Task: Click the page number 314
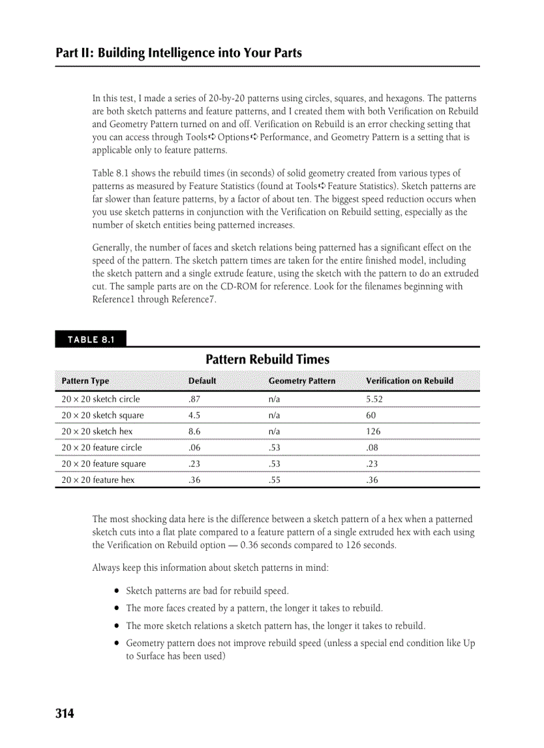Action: (x=65, y=714)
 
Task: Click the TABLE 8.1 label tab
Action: (x=91, y=340)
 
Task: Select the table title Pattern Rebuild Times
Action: (x=267, y=360)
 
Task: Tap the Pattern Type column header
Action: (x=85, y=381)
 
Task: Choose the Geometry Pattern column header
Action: (x=301, y=381)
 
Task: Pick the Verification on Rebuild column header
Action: (x=409, y=381)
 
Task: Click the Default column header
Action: (x=202, y=381)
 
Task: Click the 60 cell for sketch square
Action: (x=371, y=416)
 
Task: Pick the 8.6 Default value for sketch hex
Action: (x=195, y=432)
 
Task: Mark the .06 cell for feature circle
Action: (x=195, y=448)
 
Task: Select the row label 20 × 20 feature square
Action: (x=103, y=464)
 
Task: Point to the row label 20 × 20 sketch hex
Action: (x=97, y=432)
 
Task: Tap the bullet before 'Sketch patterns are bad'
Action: (x=117, y=591)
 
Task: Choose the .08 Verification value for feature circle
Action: (x=372, y=448)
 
